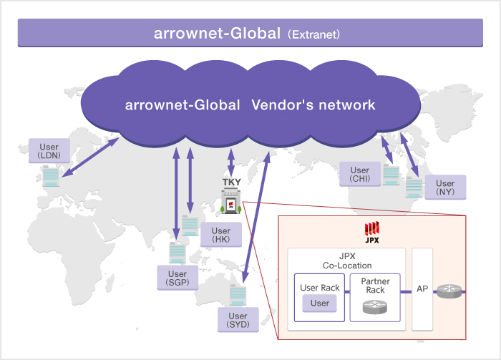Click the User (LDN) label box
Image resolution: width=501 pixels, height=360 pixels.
49,150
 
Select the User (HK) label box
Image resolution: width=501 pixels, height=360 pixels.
221,235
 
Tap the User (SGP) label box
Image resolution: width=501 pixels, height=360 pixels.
177,278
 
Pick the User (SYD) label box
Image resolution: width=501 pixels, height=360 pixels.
238,320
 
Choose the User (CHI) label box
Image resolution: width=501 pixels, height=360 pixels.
360,175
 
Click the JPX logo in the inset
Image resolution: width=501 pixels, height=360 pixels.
371,231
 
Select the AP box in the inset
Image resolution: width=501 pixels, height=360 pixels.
422,289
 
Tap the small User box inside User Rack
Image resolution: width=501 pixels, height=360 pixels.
320,303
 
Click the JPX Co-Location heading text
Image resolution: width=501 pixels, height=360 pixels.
346,260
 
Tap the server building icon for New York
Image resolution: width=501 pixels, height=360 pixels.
414,188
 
